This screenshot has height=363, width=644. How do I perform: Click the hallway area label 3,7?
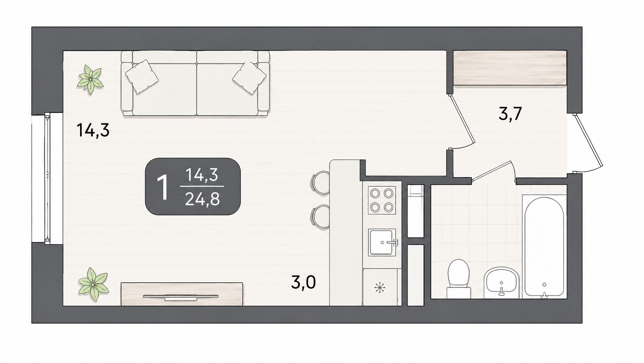click(x=510, y=114)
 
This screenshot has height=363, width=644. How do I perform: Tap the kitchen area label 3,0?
click(x=303, y=282)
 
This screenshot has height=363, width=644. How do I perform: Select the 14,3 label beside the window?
click(x=93, y=130)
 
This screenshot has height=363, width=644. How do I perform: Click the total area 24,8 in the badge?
click(x=202, y=199)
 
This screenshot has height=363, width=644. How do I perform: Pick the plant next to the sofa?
click(x=90, y=79)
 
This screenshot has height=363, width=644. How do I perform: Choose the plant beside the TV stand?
click(x=94, y=284)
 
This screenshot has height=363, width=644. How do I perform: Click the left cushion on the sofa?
click(x=142, y=76)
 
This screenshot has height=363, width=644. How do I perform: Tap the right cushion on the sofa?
click(x=249, y=78)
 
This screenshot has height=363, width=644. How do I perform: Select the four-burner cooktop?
click(x=382, y=200)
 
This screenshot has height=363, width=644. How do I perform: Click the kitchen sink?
click(x=382, y=242)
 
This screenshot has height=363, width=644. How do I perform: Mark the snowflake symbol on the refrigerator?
click(x=379, y=287)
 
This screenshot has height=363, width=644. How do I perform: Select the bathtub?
click(x=544, y=247)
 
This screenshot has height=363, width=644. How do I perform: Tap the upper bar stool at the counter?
click(x=320, y=182)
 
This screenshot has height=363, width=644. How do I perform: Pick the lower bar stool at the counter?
click(x=320, y=216)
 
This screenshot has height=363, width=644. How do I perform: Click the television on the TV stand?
click(x=181, y=297)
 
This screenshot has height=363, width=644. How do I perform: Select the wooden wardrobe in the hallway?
click(x=510, y=68)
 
